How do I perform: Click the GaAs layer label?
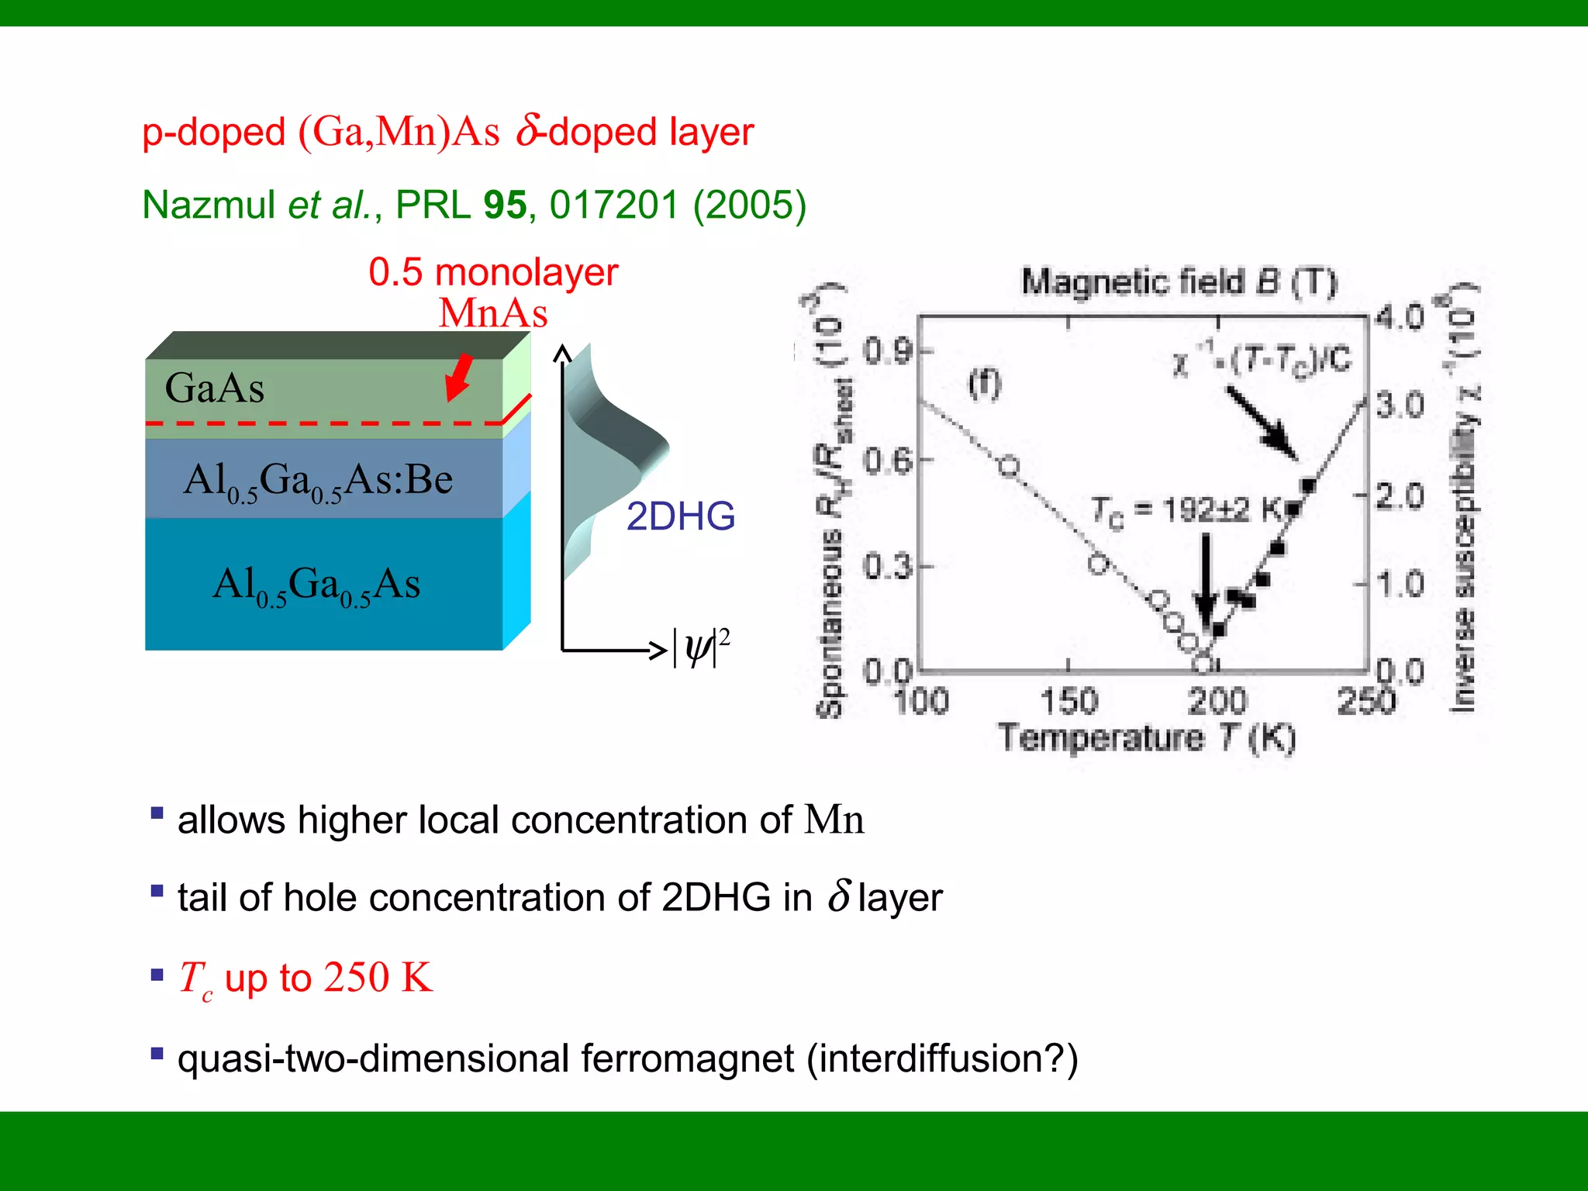point(215,388)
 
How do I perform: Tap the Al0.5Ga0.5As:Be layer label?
point(318,480)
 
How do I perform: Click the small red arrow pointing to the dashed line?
point(459,377)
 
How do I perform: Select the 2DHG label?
point(680,516)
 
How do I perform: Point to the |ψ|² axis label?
point(700,647)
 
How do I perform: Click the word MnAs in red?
point(493,314)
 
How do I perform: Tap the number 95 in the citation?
point(505,205)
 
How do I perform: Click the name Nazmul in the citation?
point(209,205)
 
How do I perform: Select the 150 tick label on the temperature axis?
point(1068,702)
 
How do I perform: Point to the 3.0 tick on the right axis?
point(1400,405)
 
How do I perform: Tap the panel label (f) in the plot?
point(985,384)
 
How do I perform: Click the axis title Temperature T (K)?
point(1146,737)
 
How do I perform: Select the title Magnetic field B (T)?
point(1179,282)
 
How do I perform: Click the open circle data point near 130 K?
point(1009,466)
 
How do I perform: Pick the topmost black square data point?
point(1308,486)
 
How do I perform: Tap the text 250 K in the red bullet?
point(378,978)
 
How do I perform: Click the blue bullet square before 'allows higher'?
point(157,813)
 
